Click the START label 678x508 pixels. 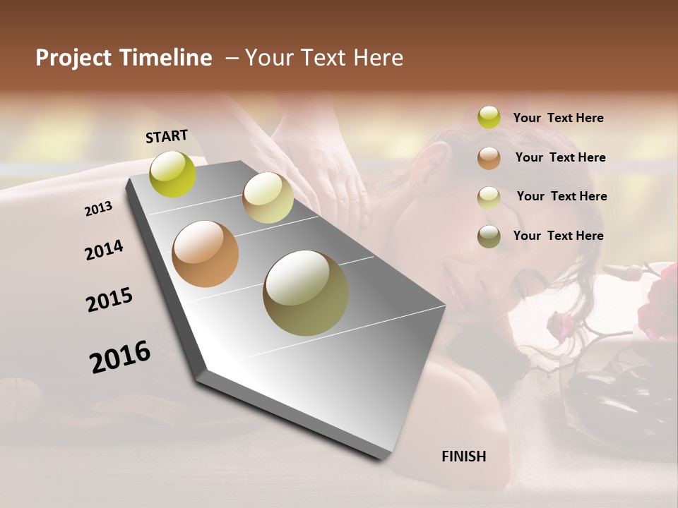[x=167, y=136]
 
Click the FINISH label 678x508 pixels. [x=464, y=456]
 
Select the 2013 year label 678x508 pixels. [x=99, y=208]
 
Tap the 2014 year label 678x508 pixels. [x=104, y=250]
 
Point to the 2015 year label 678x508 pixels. [x=109, y=299]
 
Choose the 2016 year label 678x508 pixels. [x=120, y=357]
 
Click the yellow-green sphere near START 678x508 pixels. [x=173, y=174]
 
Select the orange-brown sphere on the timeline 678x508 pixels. [x=206, y=254]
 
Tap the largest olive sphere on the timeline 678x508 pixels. [x=306, y=293]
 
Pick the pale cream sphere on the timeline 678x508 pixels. [x=268, y=198]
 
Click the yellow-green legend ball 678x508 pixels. [x=489, y=117]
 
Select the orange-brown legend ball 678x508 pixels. [x=489, y=157]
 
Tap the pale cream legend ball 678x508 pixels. [x=489, y=197]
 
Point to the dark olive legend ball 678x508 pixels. [x=489, y=236]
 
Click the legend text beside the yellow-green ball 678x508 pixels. [x=558, y=118]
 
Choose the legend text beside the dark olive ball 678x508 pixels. [x=558, y=236]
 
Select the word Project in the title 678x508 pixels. [x=73, y=58]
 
